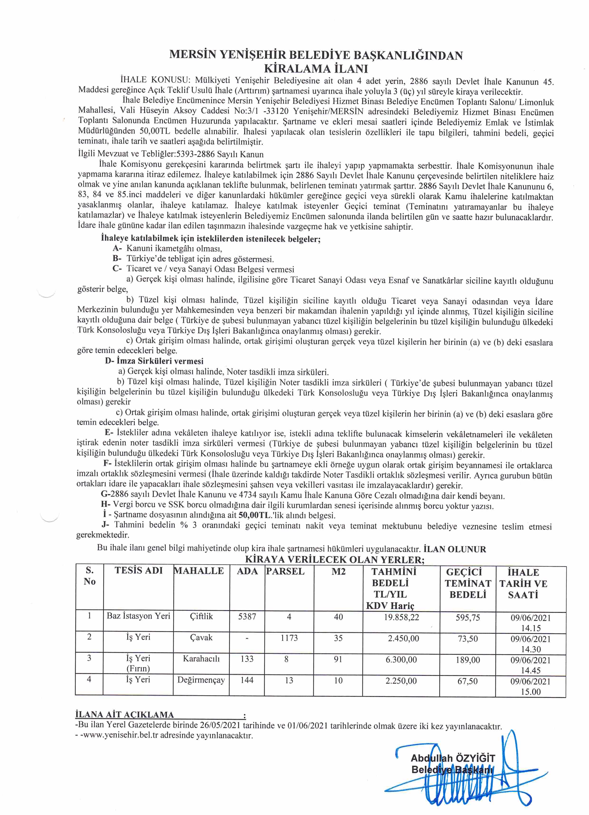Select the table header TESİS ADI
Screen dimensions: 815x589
138,570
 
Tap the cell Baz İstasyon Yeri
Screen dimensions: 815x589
138,616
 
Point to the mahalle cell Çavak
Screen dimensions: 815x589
201,637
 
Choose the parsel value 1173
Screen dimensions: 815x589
289,638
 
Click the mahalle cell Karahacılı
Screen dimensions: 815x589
201,659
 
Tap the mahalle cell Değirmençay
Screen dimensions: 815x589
201,680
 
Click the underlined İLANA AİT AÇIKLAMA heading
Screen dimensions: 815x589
124,715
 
